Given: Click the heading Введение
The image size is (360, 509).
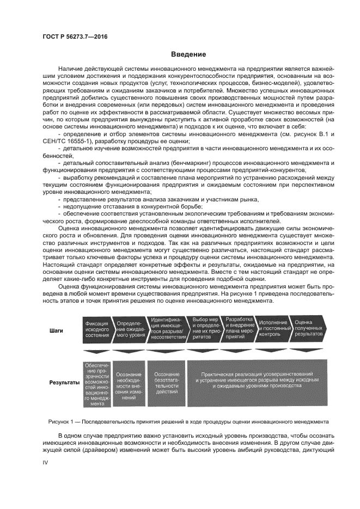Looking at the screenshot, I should [188, 54].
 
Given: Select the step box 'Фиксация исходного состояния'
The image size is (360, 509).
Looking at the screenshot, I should [97, 329].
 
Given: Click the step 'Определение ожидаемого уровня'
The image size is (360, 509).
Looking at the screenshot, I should [130, 329].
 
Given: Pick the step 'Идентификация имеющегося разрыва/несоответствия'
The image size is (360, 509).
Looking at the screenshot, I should [166, 329].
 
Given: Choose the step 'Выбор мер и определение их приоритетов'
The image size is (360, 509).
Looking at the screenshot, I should [202, 329].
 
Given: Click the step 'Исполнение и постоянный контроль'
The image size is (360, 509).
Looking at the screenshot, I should [271, 329].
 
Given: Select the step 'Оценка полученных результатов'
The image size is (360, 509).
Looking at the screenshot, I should [307, 329].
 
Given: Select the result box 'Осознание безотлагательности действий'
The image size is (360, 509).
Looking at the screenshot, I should [167, 383].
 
